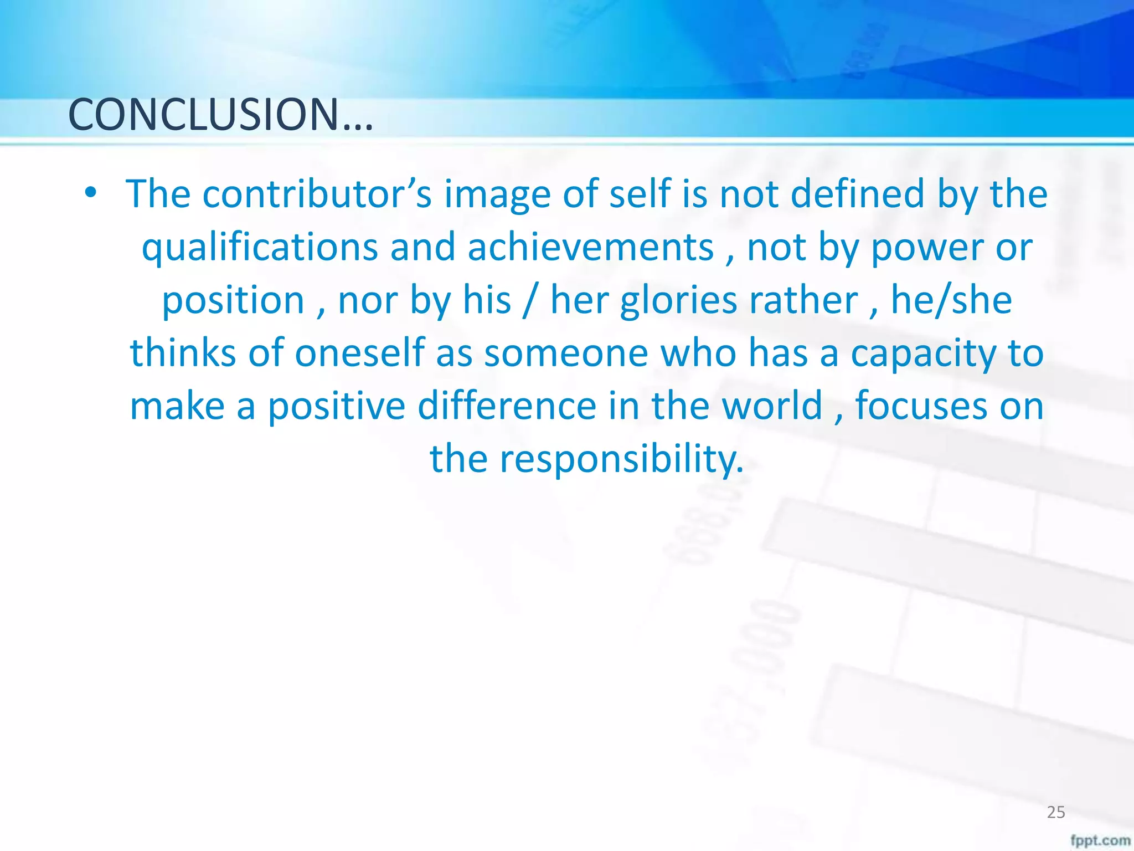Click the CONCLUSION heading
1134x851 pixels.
(x=220, y=115)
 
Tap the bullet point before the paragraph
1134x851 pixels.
(x=91, y=193)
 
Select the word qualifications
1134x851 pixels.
(x=260, y=248)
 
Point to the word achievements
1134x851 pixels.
(x=590, y=247)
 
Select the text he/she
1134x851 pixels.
(x=951, y=300)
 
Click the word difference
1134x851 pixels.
(x=507, y=406)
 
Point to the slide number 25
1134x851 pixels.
(x=1056, y=812)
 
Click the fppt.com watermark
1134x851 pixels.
(x=1100, y=840)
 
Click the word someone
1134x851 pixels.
(x=565, y=353)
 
